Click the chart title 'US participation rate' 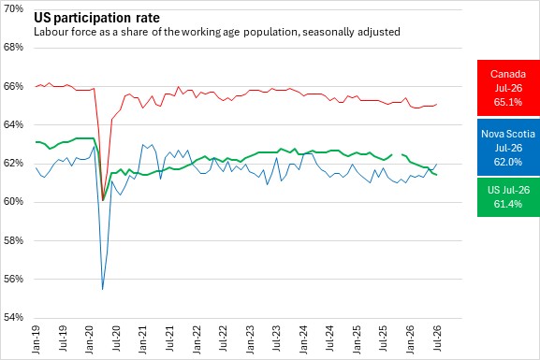point(96,18)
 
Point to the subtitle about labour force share point(217,32)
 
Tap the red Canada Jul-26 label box point(508,88)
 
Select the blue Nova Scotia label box point(508,148)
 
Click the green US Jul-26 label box point(508,197)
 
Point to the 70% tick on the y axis point(13,8)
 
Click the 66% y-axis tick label point(13,86)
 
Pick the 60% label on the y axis point(13,201)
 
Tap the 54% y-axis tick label point(13,317)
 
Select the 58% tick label point(13,240)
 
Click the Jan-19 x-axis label point(36,339)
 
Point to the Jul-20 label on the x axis point(116,338)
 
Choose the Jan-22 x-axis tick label point(197,339)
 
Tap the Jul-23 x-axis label point(277,338)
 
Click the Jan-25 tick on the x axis point(358,339)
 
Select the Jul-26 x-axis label point(437,338)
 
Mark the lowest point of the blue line point(103,289)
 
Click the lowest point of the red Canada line point(103,200)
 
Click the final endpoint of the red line point(437,104)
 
